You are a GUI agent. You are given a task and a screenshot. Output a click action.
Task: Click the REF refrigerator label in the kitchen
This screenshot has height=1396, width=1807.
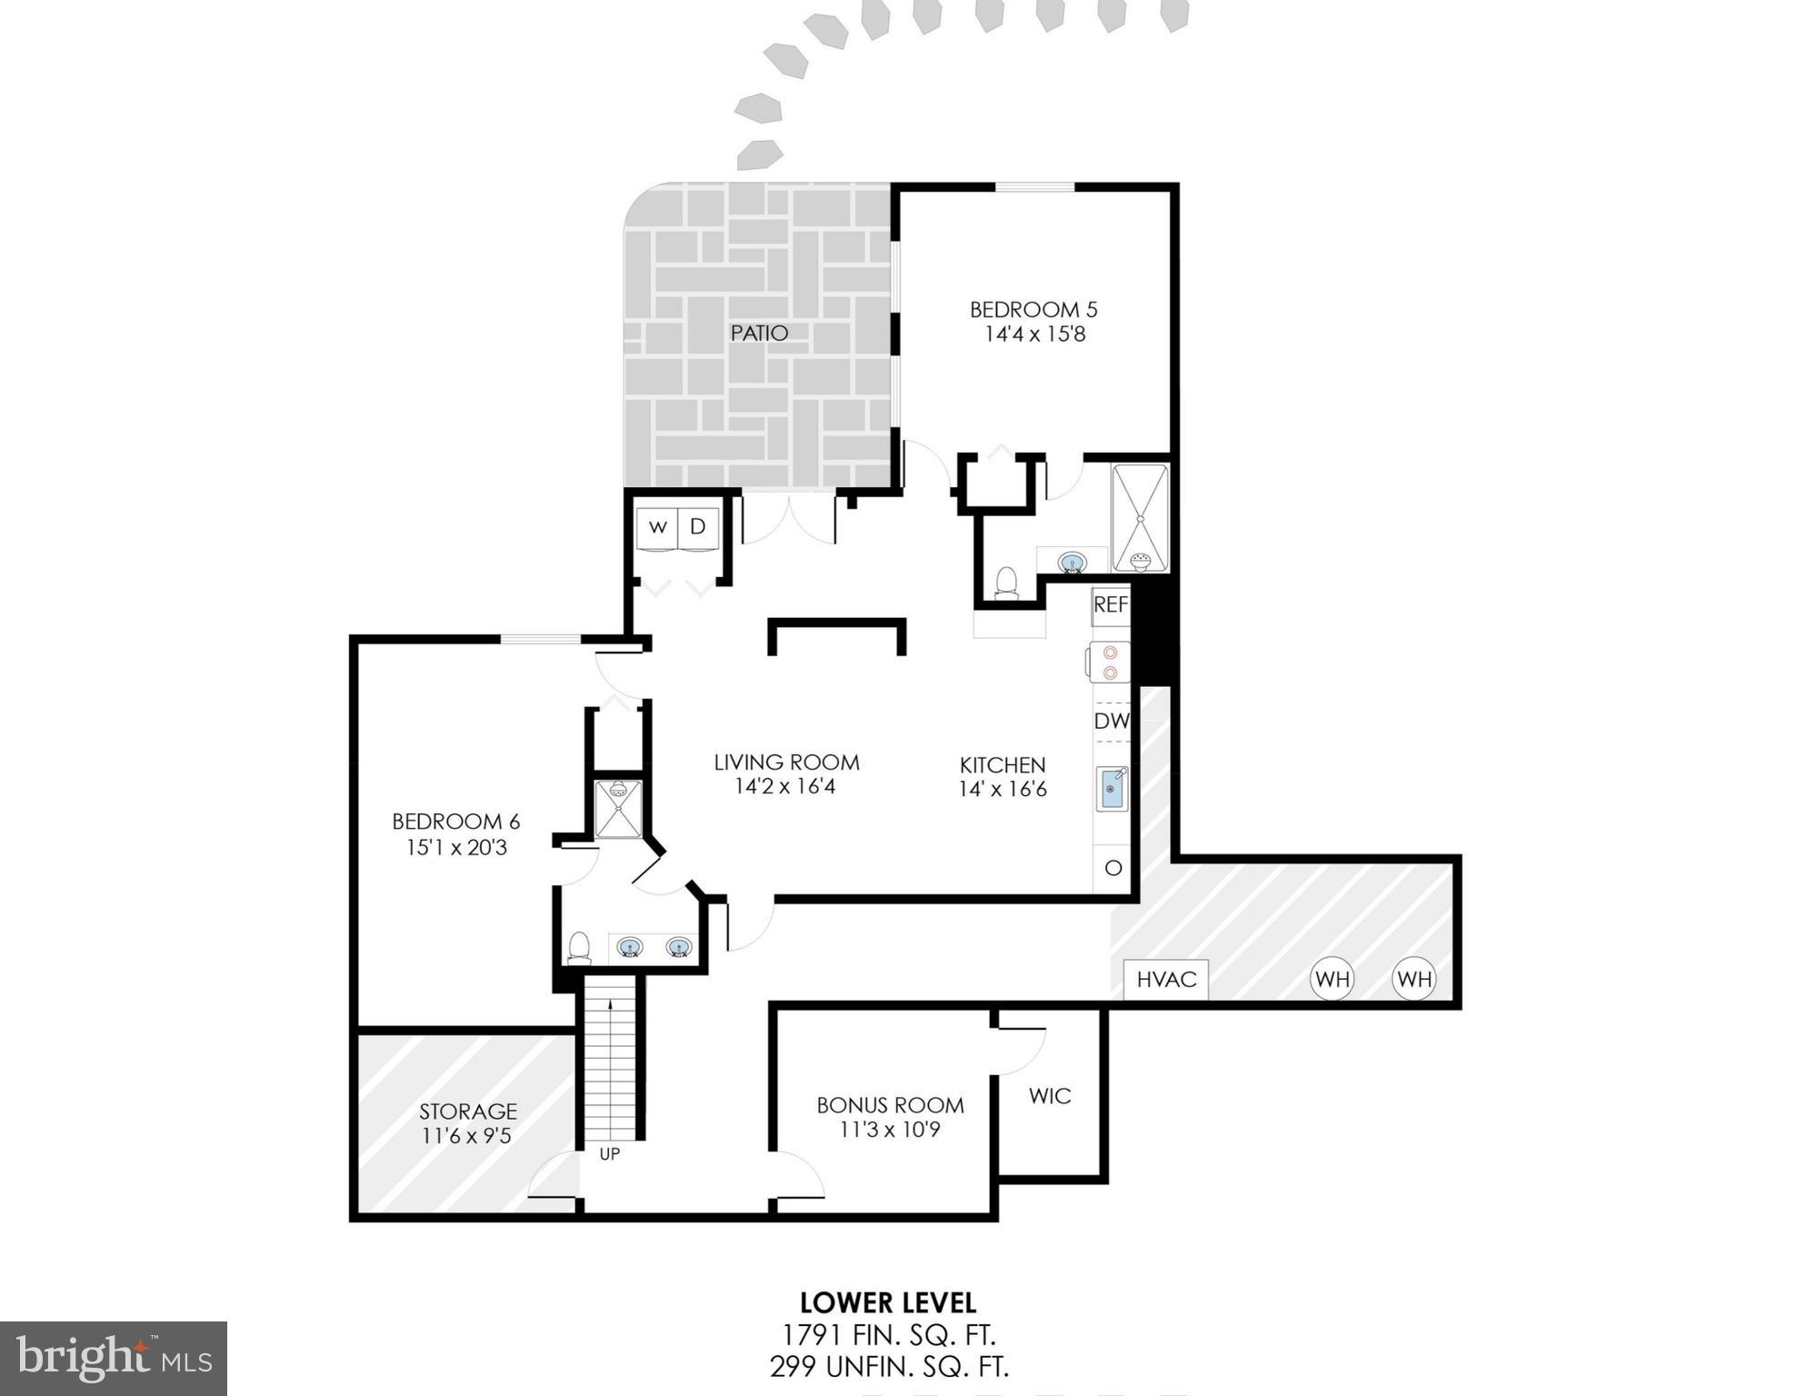coord(1110,605)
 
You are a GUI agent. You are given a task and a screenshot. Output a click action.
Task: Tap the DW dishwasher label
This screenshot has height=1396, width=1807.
coord(1111,722)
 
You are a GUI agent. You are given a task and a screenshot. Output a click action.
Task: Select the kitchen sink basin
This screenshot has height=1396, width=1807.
coord(1111,789)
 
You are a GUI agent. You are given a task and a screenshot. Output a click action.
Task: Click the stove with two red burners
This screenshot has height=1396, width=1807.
coord(1110,662)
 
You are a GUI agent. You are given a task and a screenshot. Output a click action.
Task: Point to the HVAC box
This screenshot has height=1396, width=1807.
coord(1165,980)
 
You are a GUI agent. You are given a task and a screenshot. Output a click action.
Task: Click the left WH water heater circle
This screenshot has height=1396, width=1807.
coord(1332,979)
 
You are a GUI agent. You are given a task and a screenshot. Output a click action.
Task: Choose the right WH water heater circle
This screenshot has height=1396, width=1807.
coord(1414,979)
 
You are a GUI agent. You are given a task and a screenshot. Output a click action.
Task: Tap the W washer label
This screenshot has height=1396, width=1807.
coord(658,527)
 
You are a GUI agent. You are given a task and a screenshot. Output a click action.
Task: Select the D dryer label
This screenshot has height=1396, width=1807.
coord(697,527)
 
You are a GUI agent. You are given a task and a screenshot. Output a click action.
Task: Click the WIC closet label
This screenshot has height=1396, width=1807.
coord(1050,1096)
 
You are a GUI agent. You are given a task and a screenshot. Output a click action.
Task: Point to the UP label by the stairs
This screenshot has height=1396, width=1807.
coord(609,1153)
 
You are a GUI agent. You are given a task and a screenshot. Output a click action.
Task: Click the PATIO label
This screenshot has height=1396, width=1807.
coord(759,334)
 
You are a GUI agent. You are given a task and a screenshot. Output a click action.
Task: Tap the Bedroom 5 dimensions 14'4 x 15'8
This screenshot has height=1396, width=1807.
coord(1034,334)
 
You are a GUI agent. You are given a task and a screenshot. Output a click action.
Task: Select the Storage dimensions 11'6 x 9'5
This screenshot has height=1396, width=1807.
coord(466,1135)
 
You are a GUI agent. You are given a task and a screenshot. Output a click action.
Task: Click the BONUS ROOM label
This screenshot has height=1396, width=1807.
coord(890,1105)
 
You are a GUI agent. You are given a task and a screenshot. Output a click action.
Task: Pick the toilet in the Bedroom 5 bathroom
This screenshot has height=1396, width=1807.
coord(1006,583)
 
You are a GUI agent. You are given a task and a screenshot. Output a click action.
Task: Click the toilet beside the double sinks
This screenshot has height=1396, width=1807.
coord(579,948)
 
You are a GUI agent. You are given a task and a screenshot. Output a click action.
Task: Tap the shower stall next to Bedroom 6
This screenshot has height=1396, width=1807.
coord(618,809)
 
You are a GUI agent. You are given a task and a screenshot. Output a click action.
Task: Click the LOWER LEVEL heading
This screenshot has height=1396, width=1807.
coord(888,1302)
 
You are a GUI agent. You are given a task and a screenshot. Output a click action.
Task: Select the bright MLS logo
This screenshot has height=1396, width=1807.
coord(114,1358)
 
